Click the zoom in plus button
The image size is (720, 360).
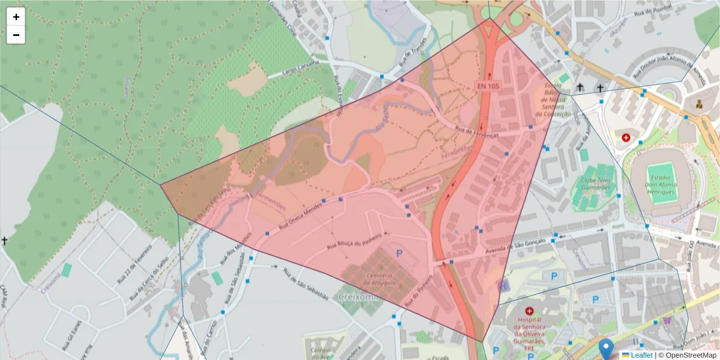click(16, 17)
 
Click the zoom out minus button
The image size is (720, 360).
click(16, 35)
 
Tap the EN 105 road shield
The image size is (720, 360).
click(488, 86)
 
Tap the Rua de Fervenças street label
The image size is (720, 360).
click(477, 132)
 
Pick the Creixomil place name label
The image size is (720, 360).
click(356, 296)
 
